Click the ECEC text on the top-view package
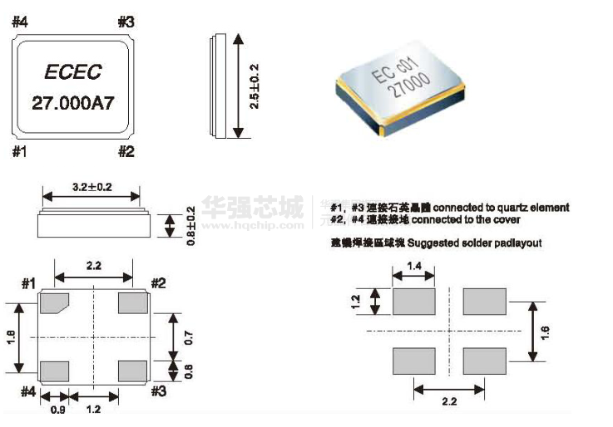73,72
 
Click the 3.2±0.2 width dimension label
91,185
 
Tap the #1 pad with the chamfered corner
54,303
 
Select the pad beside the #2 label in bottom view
133,303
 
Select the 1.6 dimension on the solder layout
546,331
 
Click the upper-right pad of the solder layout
485,301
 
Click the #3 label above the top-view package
126,22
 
